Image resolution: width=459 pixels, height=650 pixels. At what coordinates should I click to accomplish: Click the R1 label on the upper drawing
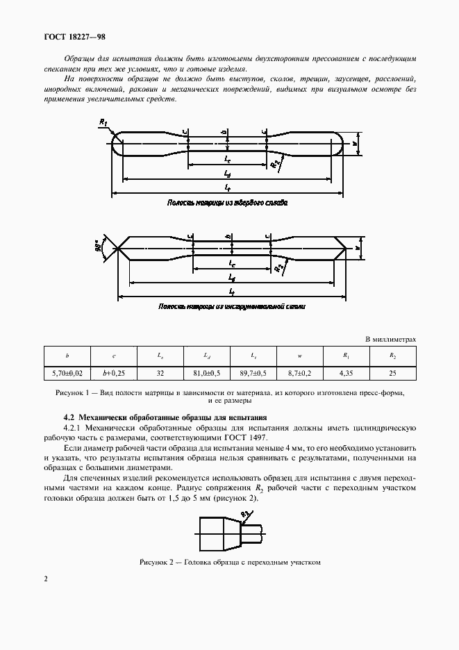(x=103, y=122)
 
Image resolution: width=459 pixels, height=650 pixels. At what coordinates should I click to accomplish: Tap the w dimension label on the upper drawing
(x=354, y=145)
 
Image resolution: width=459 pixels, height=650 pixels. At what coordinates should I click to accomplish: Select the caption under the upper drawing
(x=227, y=203)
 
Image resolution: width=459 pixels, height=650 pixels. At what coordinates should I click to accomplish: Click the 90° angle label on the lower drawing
(x=101, y=246)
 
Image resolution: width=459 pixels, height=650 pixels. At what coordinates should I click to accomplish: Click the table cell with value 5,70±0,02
(x=67, y=373)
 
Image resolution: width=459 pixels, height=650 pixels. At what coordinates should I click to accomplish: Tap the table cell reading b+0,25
(x=114, y=373)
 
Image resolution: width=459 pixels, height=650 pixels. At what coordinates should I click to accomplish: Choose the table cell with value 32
(x=160, y=373)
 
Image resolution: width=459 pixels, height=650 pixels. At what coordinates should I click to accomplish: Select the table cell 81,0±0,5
(x=206, y=373)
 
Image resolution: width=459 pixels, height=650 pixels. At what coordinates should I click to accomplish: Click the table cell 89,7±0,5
(x=253, y=373)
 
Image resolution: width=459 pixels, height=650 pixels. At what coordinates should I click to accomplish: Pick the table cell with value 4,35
(x=345, y=373)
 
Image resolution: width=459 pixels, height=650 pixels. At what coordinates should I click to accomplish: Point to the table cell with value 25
(x=392, y=373)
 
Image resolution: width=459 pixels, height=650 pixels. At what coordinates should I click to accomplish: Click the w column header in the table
(x=299, y=356)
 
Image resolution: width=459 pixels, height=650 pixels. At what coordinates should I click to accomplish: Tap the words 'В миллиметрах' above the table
(x=391, y=339)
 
